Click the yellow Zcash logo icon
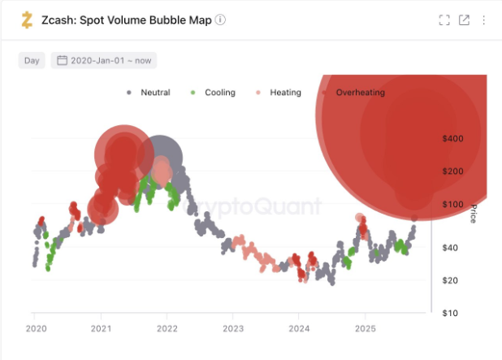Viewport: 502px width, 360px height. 27,20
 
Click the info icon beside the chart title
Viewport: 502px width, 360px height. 220,20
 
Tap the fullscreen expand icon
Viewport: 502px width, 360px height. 444,20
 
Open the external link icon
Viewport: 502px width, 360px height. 464,20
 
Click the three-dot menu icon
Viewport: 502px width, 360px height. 484,20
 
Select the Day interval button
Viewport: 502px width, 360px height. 32,60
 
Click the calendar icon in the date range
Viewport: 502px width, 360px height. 62,60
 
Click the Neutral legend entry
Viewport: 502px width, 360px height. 149,93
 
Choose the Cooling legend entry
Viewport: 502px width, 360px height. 213,93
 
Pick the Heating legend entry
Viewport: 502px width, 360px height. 279,93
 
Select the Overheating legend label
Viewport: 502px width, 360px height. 360,93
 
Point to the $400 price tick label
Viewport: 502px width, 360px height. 452,139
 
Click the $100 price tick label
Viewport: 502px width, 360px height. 452,204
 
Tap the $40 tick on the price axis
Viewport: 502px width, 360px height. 450,248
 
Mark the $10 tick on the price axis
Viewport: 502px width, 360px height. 450,313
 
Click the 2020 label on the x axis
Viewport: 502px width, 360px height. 37,328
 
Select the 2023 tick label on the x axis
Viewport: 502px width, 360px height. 233,328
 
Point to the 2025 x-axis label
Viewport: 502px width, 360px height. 366,328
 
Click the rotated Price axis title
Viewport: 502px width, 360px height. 474,213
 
